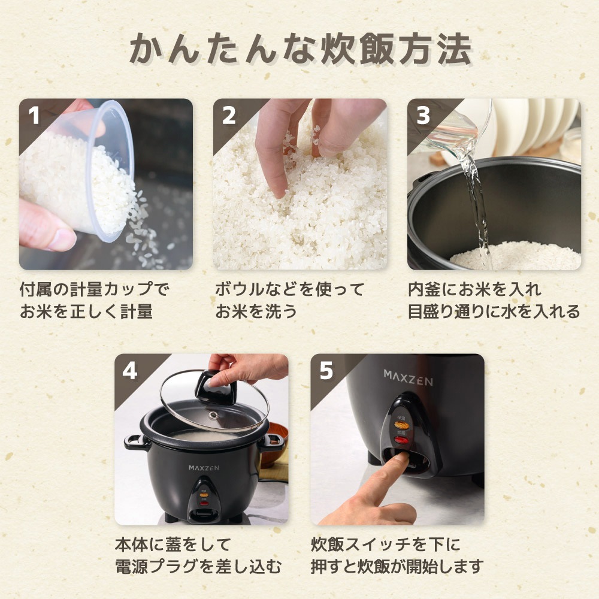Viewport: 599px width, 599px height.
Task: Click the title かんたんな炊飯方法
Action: (x=300, y=49)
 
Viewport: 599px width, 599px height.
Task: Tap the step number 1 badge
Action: (x=34, y=116)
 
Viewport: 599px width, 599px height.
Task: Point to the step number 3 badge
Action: (x=423, y=116)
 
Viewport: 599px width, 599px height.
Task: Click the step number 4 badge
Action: (x=130, y=371)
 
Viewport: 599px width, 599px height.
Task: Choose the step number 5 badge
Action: (x=326, y=371)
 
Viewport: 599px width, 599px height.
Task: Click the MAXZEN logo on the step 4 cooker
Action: (x=204, y=468)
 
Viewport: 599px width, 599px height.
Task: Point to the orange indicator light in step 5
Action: (x=401, y=425)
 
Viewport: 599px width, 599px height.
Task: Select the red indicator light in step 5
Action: (x=401, y=440)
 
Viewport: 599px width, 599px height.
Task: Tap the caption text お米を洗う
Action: (x=256, y=311)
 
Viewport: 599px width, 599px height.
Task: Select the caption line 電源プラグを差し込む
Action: (x=198, y=566)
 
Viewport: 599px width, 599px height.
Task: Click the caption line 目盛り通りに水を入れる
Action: (x=494, y=311)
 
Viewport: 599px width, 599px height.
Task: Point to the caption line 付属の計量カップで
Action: (x=94, y=289)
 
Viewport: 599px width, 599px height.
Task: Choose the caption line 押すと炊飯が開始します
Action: (x=397, y=566)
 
